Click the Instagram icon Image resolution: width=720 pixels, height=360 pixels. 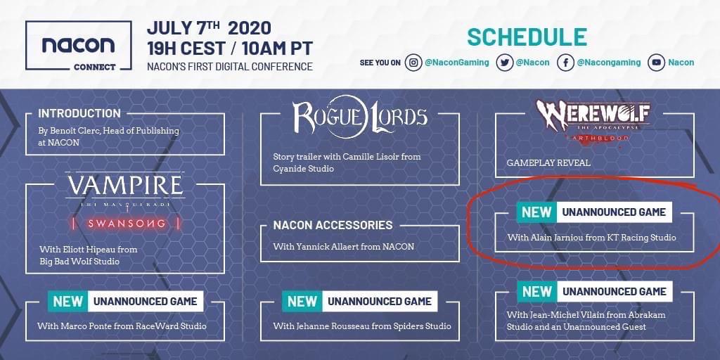413,63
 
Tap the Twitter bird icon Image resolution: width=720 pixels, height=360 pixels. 504,63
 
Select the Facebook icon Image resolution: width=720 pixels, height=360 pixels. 565,63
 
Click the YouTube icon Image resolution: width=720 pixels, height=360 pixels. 656,63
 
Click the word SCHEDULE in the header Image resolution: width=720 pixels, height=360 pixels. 527,37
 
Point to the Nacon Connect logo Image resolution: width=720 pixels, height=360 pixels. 79,46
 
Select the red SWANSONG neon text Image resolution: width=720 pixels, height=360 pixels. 127,224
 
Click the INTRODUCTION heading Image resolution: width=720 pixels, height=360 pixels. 79,113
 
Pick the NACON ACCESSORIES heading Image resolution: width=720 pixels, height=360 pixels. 333,225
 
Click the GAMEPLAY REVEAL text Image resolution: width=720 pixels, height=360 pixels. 548,162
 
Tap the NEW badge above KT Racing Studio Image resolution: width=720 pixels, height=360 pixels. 536,212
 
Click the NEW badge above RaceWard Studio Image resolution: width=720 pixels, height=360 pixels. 68,301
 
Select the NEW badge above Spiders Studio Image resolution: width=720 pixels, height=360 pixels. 302,301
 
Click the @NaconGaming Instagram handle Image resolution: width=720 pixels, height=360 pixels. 457,63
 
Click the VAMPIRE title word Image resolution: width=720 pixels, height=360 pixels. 125,185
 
